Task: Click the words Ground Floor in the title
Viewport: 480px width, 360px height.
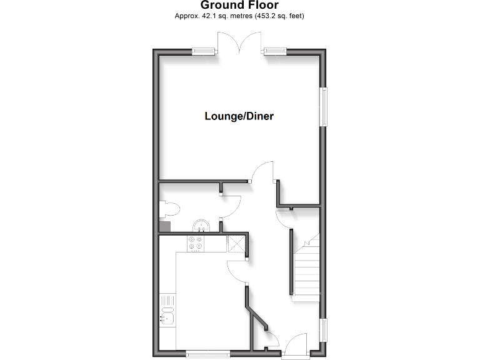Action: [x=239, y=6]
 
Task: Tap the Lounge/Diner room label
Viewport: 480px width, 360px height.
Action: [x=239, y=116]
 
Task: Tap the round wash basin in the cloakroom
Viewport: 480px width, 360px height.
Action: [x=202, y=224]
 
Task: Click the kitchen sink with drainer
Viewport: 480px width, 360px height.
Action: [x=167, y=312]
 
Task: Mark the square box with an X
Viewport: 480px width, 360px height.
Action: [x=236, y=243]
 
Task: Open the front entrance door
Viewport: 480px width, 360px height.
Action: [x=295, y=345]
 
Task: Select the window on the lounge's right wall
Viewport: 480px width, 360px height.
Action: [x=324, y=106]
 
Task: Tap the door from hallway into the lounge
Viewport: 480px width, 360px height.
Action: [x=261, y=171]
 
